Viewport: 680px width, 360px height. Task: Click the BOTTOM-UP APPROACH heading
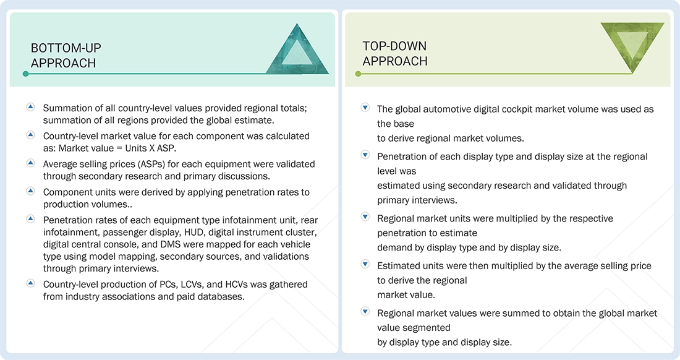[x=66, y=55]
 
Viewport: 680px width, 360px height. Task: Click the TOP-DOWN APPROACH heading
[x=395, y=54]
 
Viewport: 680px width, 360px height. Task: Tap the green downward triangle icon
[x=632, y=47]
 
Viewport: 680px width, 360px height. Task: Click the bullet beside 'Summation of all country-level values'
[x=30, y=108]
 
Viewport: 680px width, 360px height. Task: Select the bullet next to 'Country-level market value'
[x=30, y=135]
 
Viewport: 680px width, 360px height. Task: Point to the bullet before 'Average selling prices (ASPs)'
[x=30, y=164]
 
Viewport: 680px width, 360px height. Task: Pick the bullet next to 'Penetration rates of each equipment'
[x=30, y=220]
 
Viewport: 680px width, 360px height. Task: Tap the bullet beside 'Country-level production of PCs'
[x=30, y=284]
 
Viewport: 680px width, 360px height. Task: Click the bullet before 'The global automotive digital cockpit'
[x=365, y=108]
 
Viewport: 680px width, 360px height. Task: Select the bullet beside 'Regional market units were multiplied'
[x=365, y=218]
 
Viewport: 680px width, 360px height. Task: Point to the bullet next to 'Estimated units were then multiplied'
[x=365, y=265]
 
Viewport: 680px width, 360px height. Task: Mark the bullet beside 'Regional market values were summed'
[x=365, y=313]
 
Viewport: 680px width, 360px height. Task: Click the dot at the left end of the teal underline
[x=25, y=74]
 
